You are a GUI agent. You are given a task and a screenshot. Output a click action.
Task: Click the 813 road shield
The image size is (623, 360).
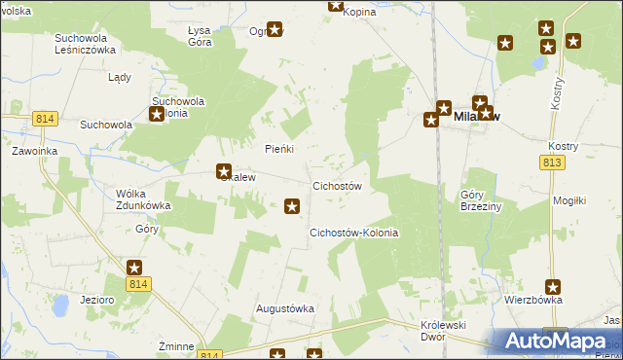pyautogui.click(x=553, y=162)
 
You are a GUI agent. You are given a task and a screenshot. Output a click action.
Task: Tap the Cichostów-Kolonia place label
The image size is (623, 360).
pyautogui.click(x=354, y=234)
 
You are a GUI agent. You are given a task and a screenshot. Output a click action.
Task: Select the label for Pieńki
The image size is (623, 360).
pyautogui.click(x=279, y=149)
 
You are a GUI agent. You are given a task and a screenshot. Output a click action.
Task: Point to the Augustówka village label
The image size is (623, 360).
pyautogui.click(x=285, y=308)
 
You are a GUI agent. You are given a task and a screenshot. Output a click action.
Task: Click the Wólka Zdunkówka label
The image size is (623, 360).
pyautogui.click(x=144, y=199)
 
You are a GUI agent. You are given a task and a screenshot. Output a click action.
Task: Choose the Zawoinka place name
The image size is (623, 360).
pyautogui.click(x=35, y=152)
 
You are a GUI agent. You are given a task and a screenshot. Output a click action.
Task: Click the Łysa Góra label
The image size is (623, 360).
pyautogui.click(x=200, y=37)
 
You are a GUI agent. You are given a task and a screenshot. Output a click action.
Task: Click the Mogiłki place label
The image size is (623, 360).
pyautogui.click(x=568, y=200)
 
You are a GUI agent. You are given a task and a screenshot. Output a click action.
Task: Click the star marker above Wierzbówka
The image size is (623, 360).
pyautogui.click(x=553, y=286)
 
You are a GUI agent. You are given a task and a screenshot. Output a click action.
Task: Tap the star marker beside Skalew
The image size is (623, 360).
pyautogui.click(x=223, y=172)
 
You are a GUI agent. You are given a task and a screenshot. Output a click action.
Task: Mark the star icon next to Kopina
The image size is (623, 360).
pyautogui.click(x=336, y=5)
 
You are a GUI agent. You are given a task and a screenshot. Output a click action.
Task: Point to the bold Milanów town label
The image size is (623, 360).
pyautogui.click(x=477, y=118)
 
